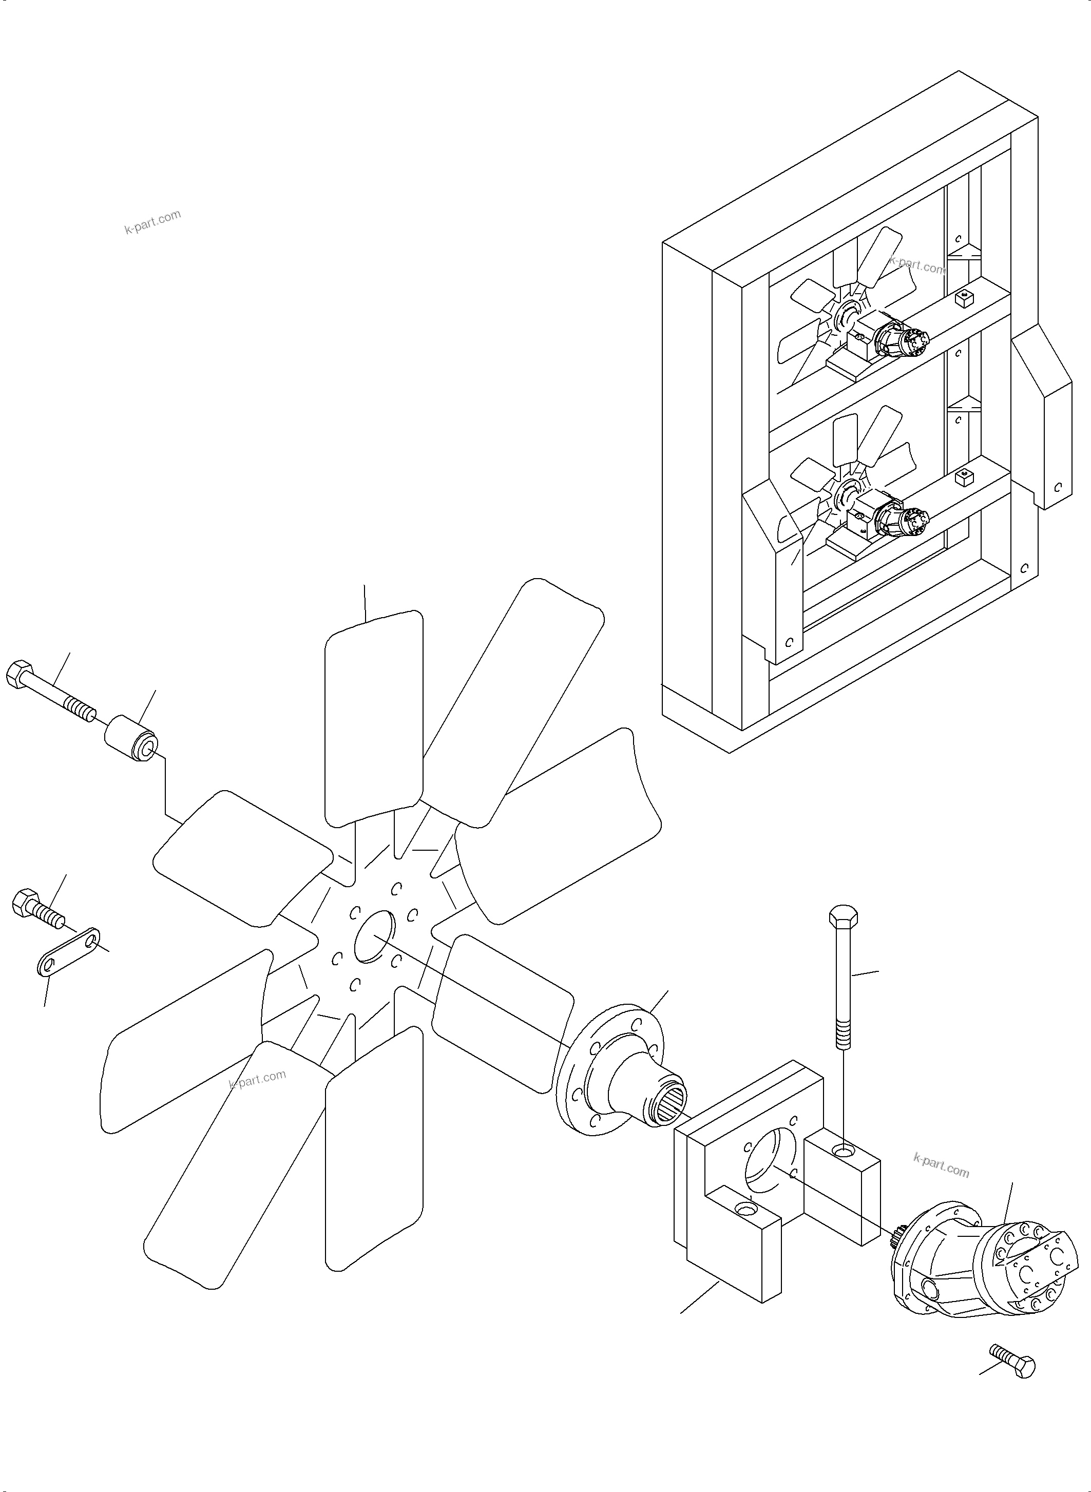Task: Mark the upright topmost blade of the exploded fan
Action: click(374, 717)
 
